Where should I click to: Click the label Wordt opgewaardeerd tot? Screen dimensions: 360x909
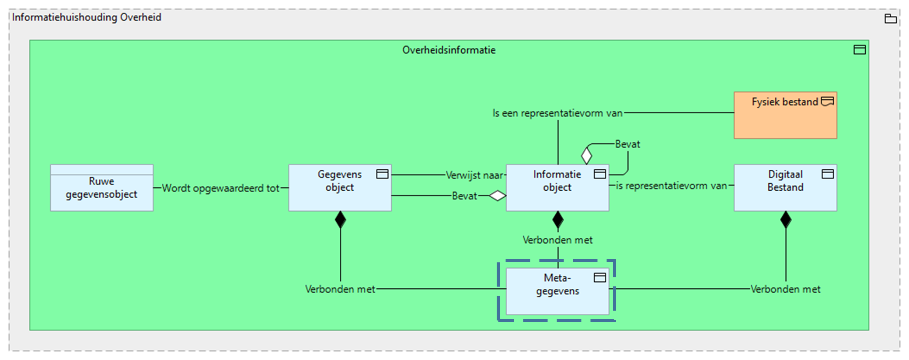pyautogui.click(x=220, y=188)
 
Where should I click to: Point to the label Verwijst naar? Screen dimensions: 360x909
pyautogui.click(x=474, y=175)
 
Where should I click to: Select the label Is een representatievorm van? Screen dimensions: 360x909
pyautogui.click(x=557, y=113)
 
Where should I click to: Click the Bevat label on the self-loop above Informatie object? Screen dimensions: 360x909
pyautogui.click(x=627, y=144)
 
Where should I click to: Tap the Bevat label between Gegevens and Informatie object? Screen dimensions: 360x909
pyautogui.click(x=464, y=196)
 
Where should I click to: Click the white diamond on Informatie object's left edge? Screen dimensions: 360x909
pyautogui.click(x=498, y=196)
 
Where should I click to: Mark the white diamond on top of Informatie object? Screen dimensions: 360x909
pyautogui.click(x=586, y=155)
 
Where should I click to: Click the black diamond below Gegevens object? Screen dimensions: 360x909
pyautogui.click(x=340, y=220)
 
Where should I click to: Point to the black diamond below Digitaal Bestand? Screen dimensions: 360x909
pyautogui.click(x=786, y=220)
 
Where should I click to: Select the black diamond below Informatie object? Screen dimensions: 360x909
pyautogui.click(x=557, y=220)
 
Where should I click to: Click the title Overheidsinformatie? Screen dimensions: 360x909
pyautogui.click(x=449, y=50)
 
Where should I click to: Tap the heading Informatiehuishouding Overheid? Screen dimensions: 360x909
pyautogui.click(x=87, y=17)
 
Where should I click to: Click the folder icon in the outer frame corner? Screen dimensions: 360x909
pyautogui.click(x=890, y=19)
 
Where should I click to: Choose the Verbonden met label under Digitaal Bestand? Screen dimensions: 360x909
pyautogui.click(x=785, y=289)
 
